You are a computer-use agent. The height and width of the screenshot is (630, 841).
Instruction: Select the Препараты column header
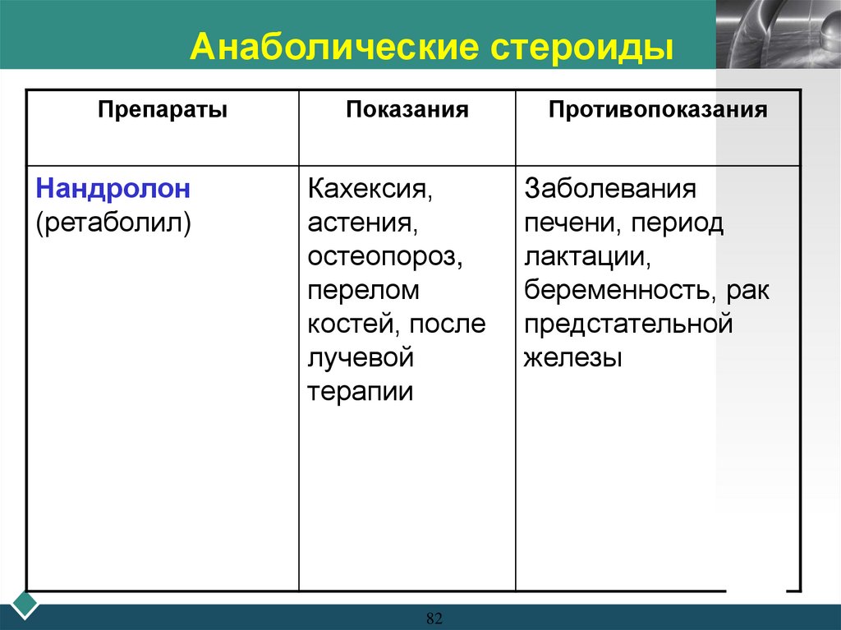pyautogui.click(x=163, y=110)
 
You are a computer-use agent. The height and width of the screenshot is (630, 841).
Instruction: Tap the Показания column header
pyautogui.click(x=407, y=110)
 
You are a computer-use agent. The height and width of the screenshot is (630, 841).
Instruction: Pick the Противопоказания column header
pyautogui.click(x=658, y=110)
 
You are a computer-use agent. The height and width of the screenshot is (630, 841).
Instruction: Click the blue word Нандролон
pyautogui.click(x=113, y=189)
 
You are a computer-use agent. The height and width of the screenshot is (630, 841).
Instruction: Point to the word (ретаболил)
pyautogui.click(x=113, y=223)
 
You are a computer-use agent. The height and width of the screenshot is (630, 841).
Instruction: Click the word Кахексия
pyautogui.click(x=370, y=191)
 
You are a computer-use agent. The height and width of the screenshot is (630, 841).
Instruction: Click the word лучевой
pyautogui.click(x=359, y=358)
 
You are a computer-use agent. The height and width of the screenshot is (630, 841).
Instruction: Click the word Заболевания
pyautogui.click(x=610, y=190)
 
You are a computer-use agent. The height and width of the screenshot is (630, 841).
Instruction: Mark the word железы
pyautogui.click(x=572, y=358)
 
